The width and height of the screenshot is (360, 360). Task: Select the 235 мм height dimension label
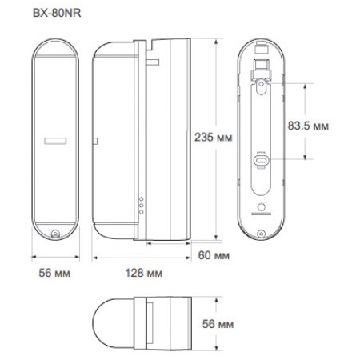pos(210,138)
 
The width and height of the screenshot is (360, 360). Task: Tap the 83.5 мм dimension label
pos(307,125)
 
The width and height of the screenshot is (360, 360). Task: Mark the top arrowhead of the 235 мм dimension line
pos(217,38)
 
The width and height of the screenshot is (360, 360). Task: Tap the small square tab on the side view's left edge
pos(96,143)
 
